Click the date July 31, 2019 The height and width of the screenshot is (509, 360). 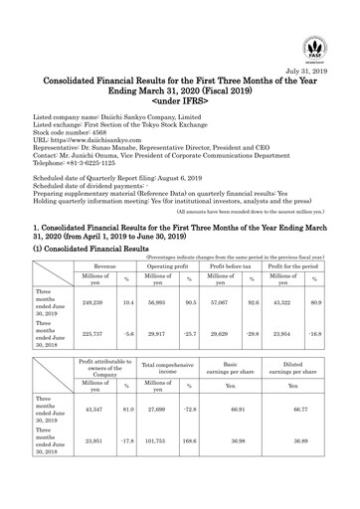click(310, 74)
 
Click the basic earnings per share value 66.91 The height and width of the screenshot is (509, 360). click(237, 424)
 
